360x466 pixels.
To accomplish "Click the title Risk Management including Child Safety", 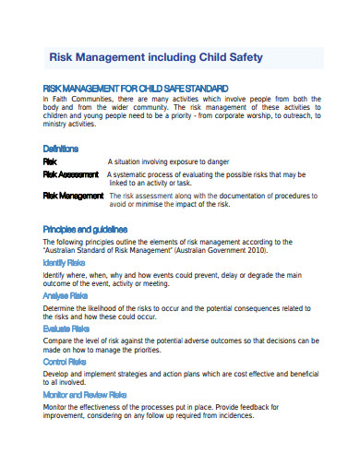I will tap(155, 57).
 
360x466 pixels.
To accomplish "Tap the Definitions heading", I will tap(61, 149).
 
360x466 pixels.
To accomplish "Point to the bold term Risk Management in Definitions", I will tap(74, 196).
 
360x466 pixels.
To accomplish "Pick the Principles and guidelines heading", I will tap(86, 228).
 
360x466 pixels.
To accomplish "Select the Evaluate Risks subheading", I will tap(66, 328).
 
